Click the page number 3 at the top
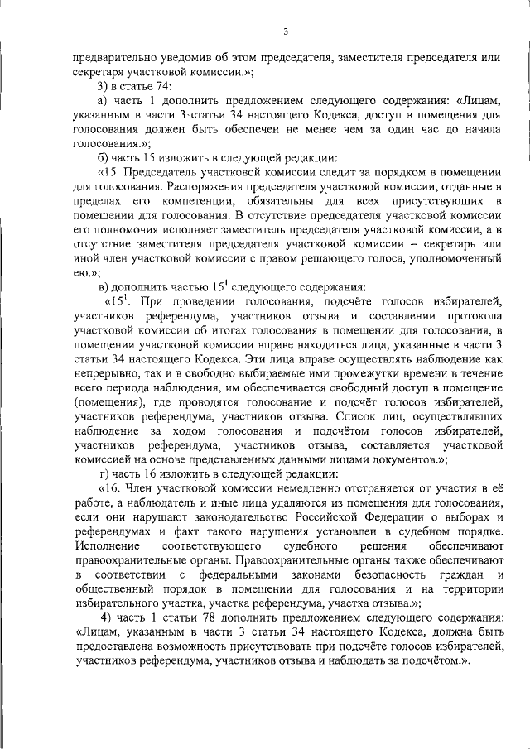pos(285,32)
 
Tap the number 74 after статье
pos(163,85)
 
